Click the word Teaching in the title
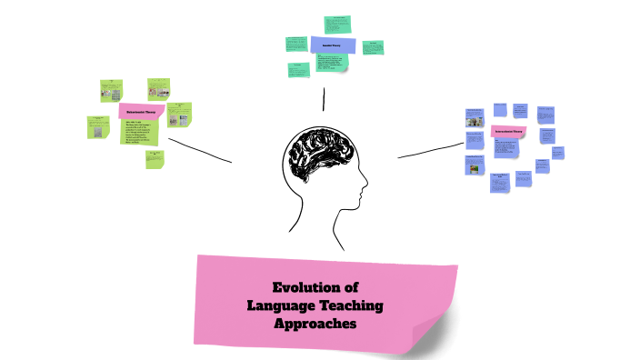(350, 305)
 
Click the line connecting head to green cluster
(199, 151)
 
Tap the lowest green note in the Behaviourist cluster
(155, 159)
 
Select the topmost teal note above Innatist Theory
(340, 23)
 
